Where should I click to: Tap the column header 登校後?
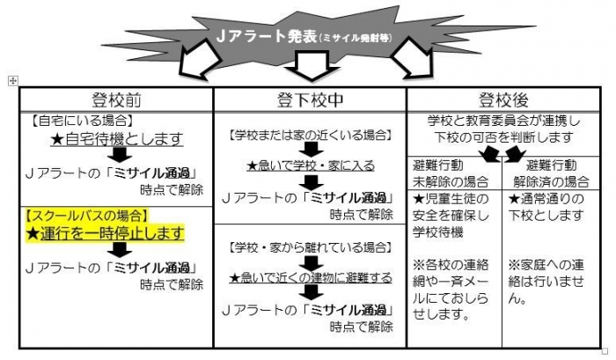coord(503,98)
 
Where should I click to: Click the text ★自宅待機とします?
coord(116,139)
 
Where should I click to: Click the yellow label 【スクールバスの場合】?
coord(86,215)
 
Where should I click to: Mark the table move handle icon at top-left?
coord(12,81)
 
